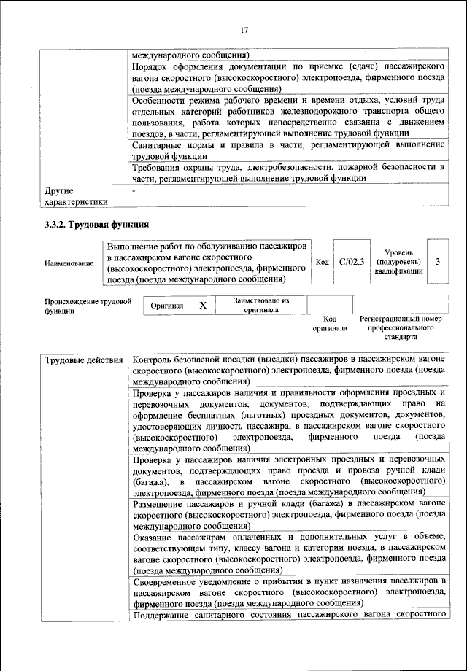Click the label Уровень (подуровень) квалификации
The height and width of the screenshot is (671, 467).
click(x=398, y=261)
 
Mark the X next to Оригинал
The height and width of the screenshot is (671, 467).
click(x=203, y=306)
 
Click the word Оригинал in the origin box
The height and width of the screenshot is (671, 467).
click(x=167, y=306)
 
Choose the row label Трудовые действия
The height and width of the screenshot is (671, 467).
click(x=84, y=360)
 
